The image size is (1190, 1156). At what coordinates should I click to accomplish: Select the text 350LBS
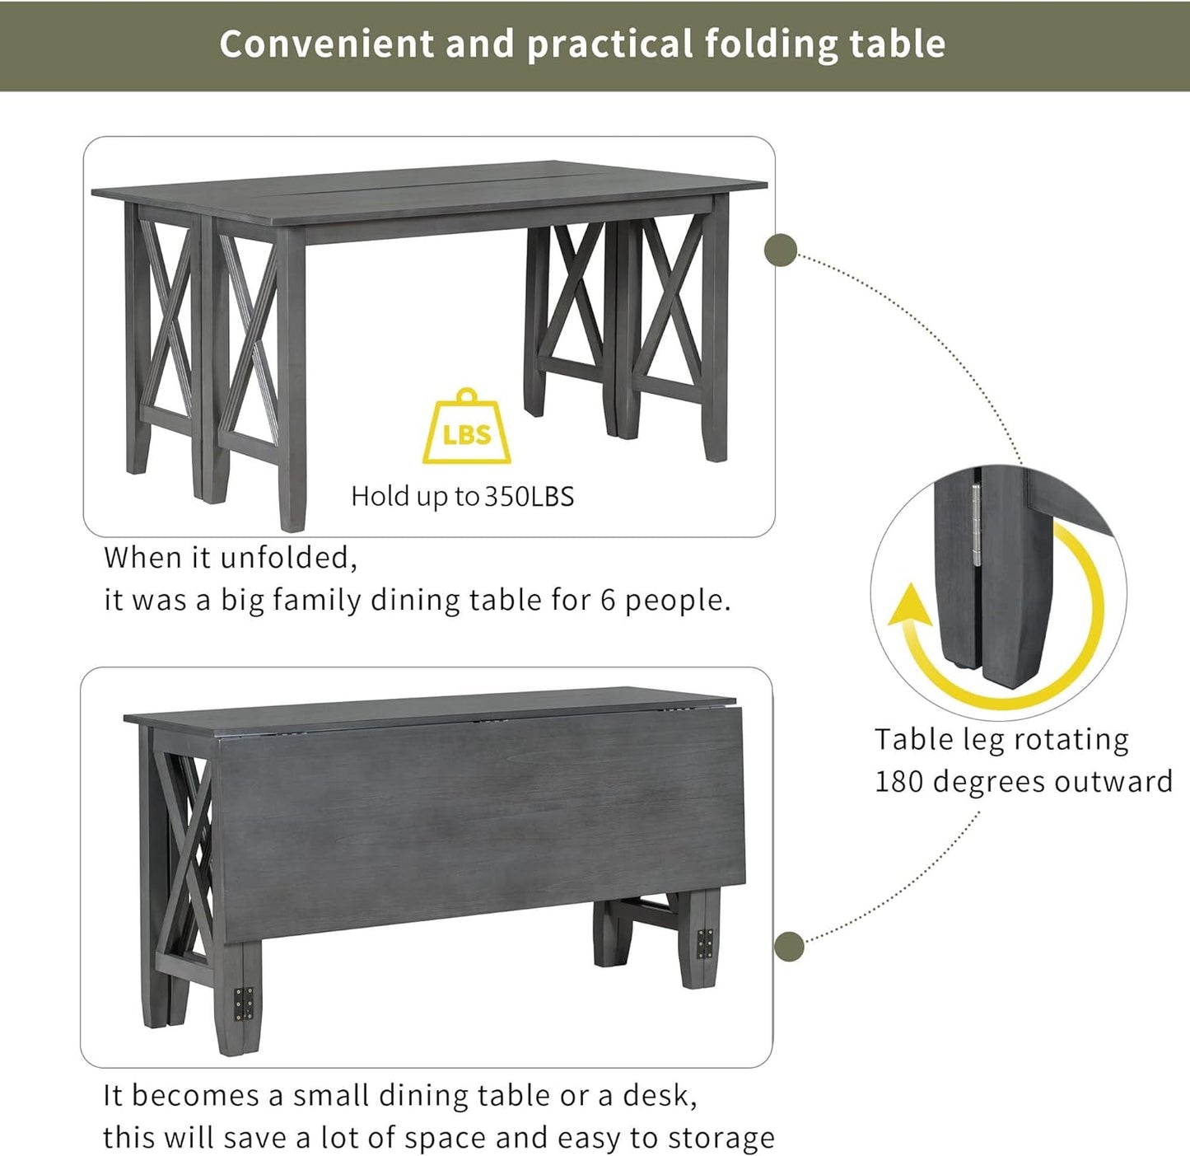tap(529, 497)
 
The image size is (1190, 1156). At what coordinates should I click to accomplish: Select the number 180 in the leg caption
tap(898, 781)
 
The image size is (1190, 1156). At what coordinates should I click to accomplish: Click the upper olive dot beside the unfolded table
tap(781, 250)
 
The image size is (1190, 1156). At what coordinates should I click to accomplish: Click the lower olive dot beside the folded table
tap(790, 947)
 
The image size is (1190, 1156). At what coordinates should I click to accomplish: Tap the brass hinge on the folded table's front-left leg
tap(244, 1004)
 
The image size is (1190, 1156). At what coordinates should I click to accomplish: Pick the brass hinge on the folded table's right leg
tap(705, 943)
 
